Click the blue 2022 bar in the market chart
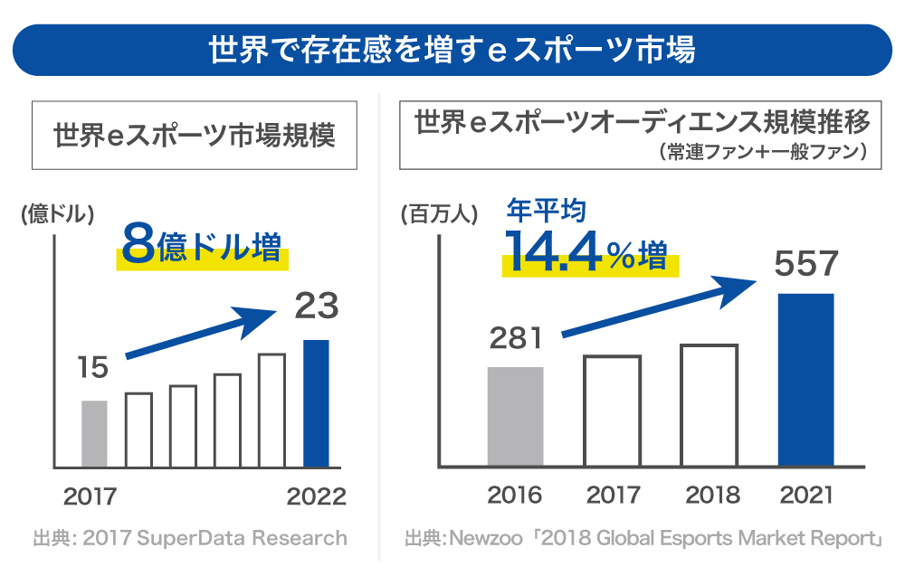pyautogui.click(x=316, y=403)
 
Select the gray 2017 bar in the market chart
pyautogui.click(x=94, y=434)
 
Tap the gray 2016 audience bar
pyautogui.click(x=515, y=417)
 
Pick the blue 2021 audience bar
pyautogui.click(x=805, y=380)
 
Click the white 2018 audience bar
pyautogui.click(x=710, y=405)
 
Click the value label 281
pyautogui.click(x=516, y=339)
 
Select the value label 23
pyautogui.click(x=316, y=307)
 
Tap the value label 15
pyautogui.click(x=92, y=368)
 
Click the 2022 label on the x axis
pyautogui.click(x=317, y=496)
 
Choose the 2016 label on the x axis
pyautogui.click(x=514, y=495)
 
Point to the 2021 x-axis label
pyautogui.click(x=805, y=495)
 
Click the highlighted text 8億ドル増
pyautogui.click(x=201, y=248)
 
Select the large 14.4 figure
pyautogui.click(x=552, y=252)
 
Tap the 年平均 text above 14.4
pyautogui.click(x=546, y=211)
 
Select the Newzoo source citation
pyautogui.click(x=643, y=539)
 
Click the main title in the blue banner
pyautogui.click(x=452, y=50)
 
